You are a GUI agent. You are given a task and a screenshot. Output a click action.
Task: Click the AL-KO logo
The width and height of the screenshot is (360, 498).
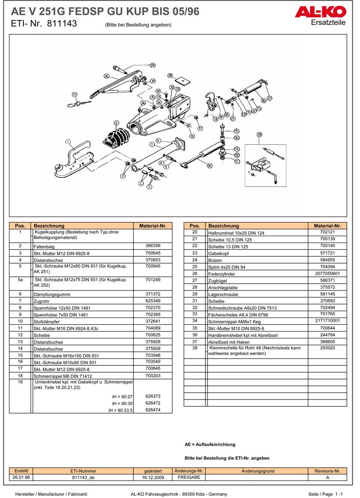(320, 12)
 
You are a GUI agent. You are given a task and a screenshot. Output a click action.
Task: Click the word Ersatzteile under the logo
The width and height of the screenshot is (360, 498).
(328, 23)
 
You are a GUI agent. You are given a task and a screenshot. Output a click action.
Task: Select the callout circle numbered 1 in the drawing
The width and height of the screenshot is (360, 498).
(68, 142)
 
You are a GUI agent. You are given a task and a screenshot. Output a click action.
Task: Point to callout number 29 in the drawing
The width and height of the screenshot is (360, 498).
(153, 65)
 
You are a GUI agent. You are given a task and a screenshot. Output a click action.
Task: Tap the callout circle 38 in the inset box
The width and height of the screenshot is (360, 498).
(259, 135)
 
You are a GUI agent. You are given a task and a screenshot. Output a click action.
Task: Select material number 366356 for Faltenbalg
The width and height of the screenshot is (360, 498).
(153, 246)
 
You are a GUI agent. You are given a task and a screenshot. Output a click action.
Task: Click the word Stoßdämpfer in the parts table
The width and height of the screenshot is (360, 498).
(47, 321)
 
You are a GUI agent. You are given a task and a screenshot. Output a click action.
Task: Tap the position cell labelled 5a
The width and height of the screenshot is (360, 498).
(20, 280)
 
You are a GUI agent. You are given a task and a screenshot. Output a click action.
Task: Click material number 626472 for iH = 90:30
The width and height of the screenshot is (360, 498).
(153, 403)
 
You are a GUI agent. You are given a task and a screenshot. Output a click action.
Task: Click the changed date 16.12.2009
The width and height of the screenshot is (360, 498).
(153, 477)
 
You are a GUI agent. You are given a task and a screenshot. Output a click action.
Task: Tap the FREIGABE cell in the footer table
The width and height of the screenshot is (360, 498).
(189, 477)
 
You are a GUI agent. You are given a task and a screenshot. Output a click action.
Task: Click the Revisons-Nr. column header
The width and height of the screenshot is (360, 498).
(327, 471)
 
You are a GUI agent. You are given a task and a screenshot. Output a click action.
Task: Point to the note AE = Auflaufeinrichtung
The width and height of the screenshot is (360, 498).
(210, 445)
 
